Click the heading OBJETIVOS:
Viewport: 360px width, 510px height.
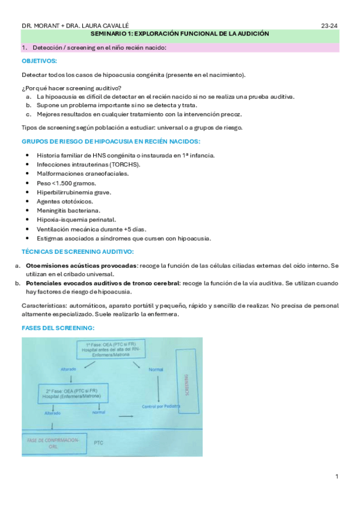40,61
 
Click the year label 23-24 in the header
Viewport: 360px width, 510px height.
330,26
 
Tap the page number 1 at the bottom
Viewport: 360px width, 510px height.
337,477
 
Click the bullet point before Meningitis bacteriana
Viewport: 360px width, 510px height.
29,210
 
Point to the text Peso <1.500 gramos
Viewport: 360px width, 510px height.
62,183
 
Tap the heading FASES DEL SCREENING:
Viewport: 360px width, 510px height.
58,328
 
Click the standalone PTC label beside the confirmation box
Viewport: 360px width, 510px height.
99,442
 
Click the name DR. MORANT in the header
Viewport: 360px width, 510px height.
38,26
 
